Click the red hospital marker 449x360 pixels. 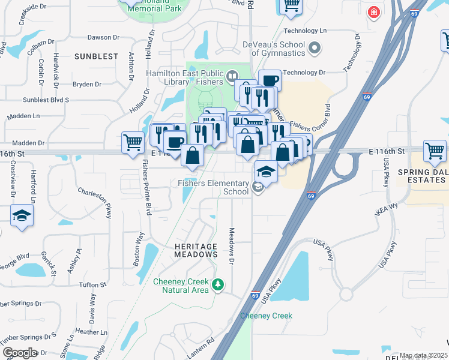click(374, 12)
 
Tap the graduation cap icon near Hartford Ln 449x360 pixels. click(22, 215)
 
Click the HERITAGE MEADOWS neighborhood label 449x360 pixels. click(196, 250)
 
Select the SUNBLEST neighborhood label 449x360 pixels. click(97, 56)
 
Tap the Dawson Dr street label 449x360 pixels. click(100, 37)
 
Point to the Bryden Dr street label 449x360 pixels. click(87, 85)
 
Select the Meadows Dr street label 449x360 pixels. click(231, 245)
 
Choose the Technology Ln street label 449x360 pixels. click(305, 31)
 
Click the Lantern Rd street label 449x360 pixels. click(201, 349)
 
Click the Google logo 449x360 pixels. click(20, 352)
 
